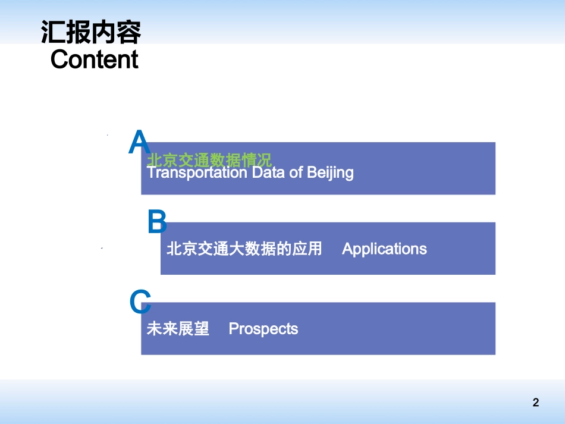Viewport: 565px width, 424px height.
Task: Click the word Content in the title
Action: click(x=94, y=59)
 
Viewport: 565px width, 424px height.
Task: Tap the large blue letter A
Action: click(x=139, y=143)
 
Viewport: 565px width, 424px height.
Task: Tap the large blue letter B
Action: click(x=157, y=222)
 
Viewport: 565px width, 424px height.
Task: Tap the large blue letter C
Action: click(x=140, y=302)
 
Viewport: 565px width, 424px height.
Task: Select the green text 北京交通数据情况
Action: click(x=209, y=159)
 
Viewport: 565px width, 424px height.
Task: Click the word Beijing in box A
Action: click(x=330, y=173)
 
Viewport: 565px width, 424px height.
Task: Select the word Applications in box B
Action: click(x=384, y=249)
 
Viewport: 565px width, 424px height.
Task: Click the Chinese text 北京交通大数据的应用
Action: click(x=244, y=249)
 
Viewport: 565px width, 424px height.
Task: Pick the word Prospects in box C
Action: click(x=263, y=329)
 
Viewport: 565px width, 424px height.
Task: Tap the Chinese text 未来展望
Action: click(x=178, y=329)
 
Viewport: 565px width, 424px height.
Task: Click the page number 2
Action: click(x=535, y=403)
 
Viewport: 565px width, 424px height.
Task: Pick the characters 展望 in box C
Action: click(x=193, y=329)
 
